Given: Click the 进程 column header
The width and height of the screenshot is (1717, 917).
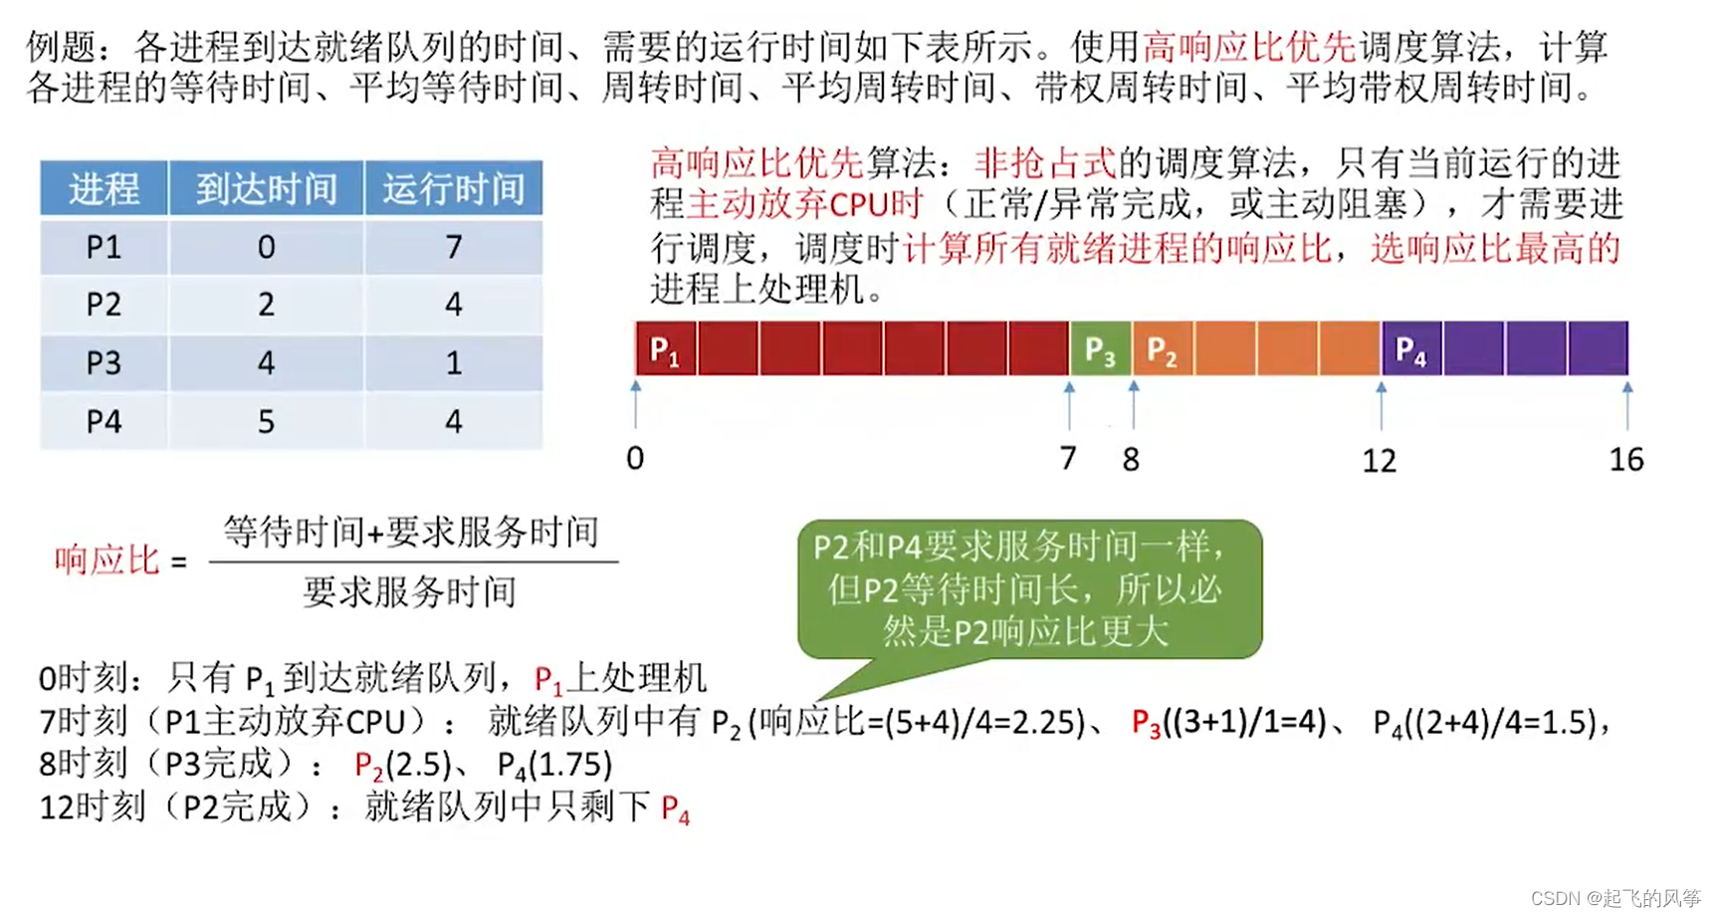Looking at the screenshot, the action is coord(104,188).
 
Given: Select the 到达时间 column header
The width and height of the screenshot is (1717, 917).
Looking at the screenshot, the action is coord(266,188).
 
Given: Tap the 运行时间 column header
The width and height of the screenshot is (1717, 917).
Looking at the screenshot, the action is coord(453,188).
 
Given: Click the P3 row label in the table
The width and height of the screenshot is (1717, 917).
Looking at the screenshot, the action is coord(104,362).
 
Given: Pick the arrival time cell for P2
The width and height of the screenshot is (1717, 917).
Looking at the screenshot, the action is coord(266,304).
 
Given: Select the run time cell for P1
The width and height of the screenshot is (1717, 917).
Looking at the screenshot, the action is coord(453,246).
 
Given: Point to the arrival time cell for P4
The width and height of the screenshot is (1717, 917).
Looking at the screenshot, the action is coord(266,421).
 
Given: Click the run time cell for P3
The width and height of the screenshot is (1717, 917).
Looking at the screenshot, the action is coord(453,362).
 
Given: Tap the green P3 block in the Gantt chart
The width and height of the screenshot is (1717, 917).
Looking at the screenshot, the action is coord(1100,348).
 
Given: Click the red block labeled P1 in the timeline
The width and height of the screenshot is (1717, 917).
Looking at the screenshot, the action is coord(666,348).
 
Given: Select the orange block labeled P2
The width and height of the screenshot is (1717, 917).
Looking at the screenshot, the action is coord(1163,348).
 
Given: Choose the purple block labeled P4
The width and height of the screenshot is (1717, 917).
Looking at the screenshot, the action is coord(1411,348).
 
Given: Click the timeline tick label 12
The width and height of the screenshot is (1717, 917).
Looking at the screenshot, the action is coord(1380,460).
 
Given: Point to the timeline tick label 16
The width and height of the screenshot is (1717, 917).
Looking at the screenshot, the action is coord(1626,459).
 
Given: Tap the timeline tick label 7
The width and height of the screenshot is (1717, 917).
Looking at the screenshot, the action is coord(1068,458).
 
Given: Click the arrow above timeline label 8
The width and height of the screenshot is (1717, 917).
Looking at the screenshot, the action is coord(1134,403).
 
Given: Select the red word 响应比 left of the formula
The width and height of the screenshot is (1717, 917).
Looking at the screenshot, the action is coord(107,561).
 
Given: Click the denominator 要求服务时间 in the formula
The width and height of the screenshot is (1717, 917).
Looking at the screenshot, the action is coord(409,592).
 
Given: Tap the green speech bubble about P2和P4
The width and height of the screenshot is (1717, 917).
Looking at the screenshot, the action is coord(1029,588).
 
